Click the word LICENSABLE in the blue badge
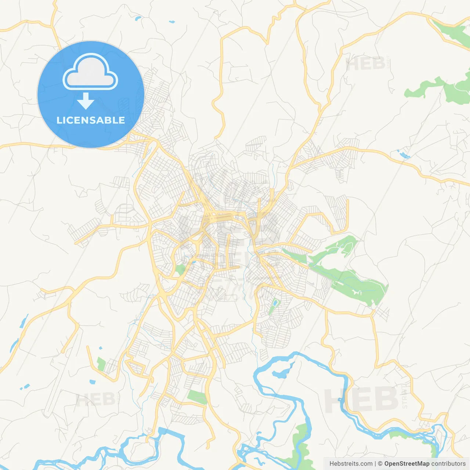tap(91, 120)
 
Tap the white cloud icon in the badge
tap(90, 72)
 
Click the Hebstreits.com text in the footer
tap(351, 464)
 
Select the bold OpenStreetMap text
tap(407, 464)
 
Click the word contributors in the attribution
tap(448, 464)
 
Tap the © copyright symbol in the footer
tap(380, 464)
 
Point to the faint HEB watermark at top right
tap(365, 64)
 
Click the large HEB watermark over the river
tap(362, 399)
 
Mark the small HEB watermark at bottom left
tap(95, 399)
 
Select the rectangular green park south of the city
tap(197, 397)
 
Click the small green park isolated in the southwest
tap(101, 364)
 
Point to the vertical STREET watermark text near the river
tap(404, 397)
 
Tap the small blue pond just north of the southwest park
tap(100, 348)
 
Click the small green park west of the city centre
tap(180, 269)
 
